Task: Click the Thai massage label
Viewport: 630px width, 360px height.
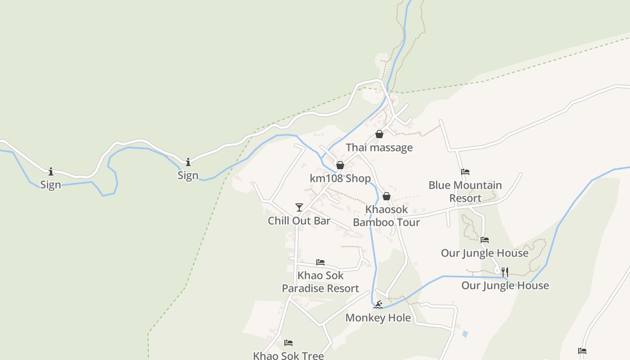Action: (379, 148)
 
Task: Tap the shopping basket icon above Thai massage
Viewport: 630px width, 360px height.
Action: (379, 134)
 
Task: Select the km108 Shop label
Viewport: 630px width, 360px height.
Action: (340, 178)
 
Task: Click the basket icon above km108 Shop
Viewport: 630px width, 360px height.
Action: (340, 165)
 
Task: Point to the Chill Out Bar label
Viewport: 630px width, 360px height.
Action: (299, 220)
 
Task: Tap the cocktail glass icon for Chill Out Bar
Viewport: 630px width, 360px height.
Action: (299, 207)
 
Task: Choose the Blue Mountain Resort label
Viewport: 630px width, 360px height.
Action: (465, 191)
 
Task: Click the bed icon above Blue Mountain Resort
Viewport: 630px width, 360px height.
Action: (465, 172)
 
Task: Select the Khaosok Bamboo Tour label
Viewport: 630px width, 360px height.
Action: (386, 216)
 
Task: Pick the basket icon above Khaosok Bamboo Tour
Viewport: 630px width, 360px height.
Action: (386, 196)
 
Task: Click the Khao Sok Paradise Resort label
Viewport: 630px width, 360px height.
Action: (320, 282)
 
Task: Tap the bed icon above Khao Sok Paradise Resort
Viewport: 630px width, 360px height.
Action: (320, 262)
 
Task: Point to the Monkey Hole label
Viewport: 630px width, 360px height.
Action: (378, 318)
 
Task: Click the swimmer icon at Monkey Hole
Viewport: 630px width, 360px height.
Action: (378, 305)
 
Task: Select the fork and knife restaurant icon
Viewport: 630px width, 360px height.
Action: (505, 272)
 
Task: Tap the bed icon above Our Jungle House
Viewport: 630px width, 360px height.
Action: (484, 240)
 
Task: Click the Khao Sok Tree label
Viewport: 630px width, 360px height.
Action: (288, 355)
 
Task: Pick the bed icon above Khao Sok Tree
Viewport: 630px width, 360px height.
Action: (288, 343)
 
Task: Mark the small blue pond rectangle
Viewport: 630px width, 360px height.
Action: (465, 334)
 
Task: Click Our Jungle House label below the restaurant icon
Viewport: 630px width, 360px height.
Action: (505, 285)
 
